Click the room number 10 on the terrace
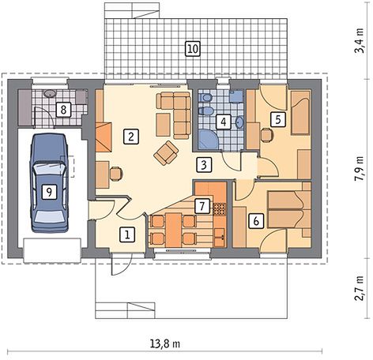(x=193, y=49)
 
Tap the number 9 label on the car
(x=49, y=192)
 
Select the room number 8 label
(x=63, y=110)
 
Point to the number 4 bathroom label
(x=224, y=122)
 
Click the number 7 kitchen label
(x=202, y=206)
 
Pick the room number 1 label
(x=127, y=234)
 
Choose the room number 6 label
(x=256, y=221)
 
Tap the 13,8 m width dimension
(x=165, y=343)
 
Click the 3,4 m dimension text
(x=359, y=41)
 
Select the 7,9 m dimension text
(x=359, y=168)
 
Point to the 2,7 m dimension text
(x=359, y=288)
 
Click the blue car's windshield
(x=49, y=168)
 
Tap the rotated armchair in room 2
(x=166, y=153)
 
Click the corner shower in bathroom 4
(x=208, y=139)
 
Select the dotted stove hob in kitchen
(x=220, y=209)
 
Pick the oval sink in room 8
(x=49, y=93)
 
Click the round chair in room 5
(x=267, y=135)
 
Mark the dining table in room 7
(x=174, y=230)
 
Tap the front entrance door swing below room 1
(x=121, y=264)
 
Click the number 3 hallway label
(x=204, y=165)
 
